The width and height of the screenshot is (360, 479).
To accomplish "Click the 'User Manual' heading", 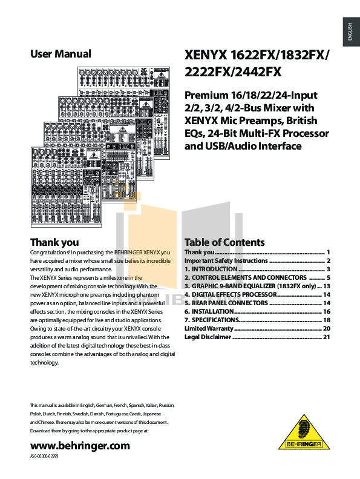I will pos(61,54).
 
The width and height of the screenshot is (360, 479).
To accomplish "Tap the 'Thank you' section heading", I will pos(54,242).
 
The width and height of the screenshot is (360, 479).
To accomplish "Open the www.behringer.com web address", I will pos(80,446).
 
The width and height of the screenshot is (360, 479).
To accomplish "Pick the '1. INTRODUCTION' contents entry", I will pos(211,269).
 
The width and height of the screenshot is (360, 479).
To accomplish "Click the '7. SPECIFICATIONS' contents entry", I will pos(212,320).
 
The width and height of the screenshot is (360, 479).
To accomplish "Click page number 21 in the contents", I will pos(326,337).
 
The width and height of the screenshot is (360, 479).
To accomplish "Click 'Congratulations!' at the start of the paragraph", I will pos(50,253).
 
